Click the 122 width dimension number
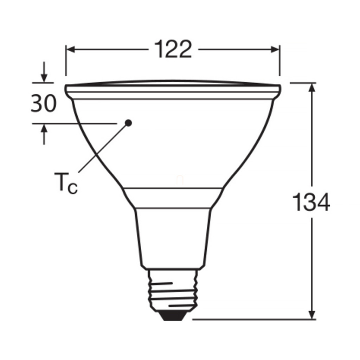click(173, 49)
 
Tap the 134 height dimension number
click(311, 202)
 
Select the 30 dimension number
click(43, 103)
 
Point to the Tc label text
click(66, 182)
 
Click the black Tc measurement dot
click(128, 123)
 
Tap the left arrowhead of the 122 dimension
click(70, 49)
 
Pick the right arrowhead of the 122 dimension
click(275, 49)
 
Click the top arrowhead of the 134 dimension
click(312, 87)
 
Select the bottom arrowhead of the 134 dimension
click(312, 315)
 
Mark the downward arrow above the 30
click(44, 72)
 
